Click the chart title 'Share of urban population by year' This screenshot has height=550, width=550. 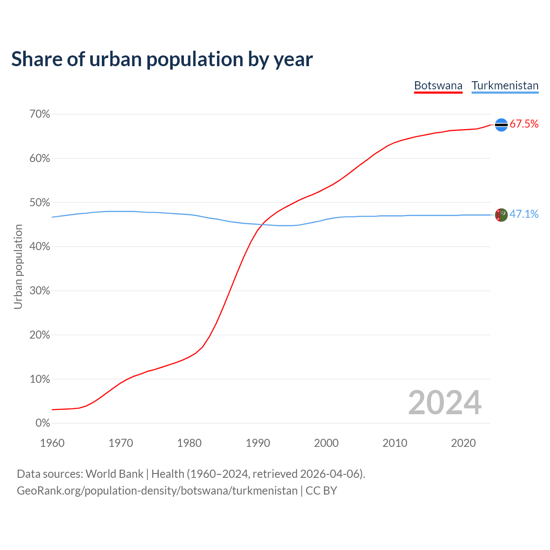[162, 59]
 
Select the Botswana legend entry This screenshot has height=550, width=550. [438, 86]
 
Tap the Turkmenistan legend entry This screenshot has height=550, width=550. [505, 86]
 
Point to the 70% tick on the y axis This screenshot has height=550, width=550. [40, 114]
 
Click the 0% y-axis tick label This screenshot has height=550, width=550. [43, 423]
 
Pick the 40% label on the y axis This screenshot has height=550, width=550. [40, 247]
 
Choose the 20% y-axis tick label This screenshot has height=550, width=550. [40, 335]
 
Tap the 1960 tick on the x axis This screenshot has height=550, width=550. [52, 443]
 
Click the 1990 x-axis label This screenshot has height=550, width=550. [258, 443]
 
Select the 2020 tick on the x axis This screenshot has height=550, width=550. [463, 443]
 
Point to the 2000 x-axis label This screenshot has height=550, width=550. [326, 443]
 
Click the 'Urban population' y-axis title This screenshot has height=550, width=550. [18, 267]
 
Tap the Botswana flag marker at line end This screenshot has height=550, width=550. [501, 125]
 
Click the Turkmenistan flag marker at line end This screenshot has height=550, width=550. [501, 215]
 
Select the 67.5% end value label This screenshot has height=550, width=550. [524, 124]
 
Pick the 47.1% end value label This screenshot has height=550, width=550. [524, 214]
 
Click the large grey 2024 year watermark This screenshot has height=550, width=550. [445, 403]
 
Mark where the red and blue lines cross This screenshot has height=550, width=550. [262, 224]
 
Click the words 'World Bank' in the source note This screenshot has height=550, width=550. [114, 474]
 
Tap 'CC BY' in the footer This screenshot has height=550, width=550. [321, 491]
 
